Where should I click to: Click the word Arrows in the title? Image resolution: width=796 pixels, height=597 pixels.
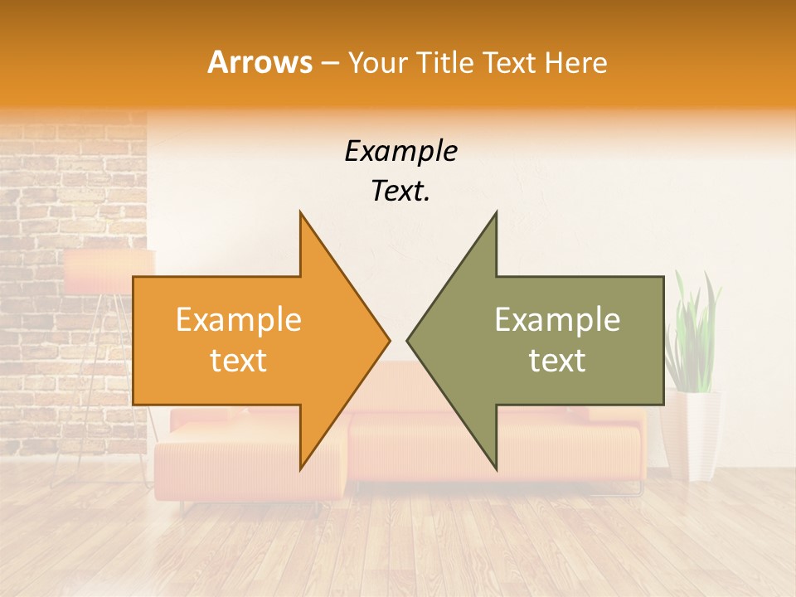[260, 62]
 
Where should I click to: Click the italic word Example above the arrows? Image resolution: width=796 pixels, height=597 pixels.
[400, 152]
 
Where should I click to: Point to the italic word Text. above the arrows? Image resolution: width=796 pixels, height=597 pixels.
[400, 192]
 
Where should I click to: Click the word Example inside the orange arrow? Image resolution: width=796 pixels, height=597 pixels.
[238, 320]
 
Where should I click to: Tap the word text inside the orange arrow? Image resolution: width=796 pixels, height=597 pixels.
[238, 361]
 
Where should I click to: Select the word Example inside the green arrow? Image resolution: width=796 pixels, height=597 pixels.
[557, 320]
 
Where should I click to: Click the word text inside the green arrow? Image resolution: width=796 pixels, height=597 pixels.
[557, 361]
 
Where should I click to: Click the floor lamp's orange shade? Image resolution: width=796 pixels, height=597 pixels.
[108, 272]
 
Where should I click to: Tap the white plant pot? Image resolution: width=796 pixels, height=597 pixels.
[692, 435]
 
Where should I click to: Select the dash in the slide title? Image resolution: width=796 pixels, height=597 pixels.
[328, 63]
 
